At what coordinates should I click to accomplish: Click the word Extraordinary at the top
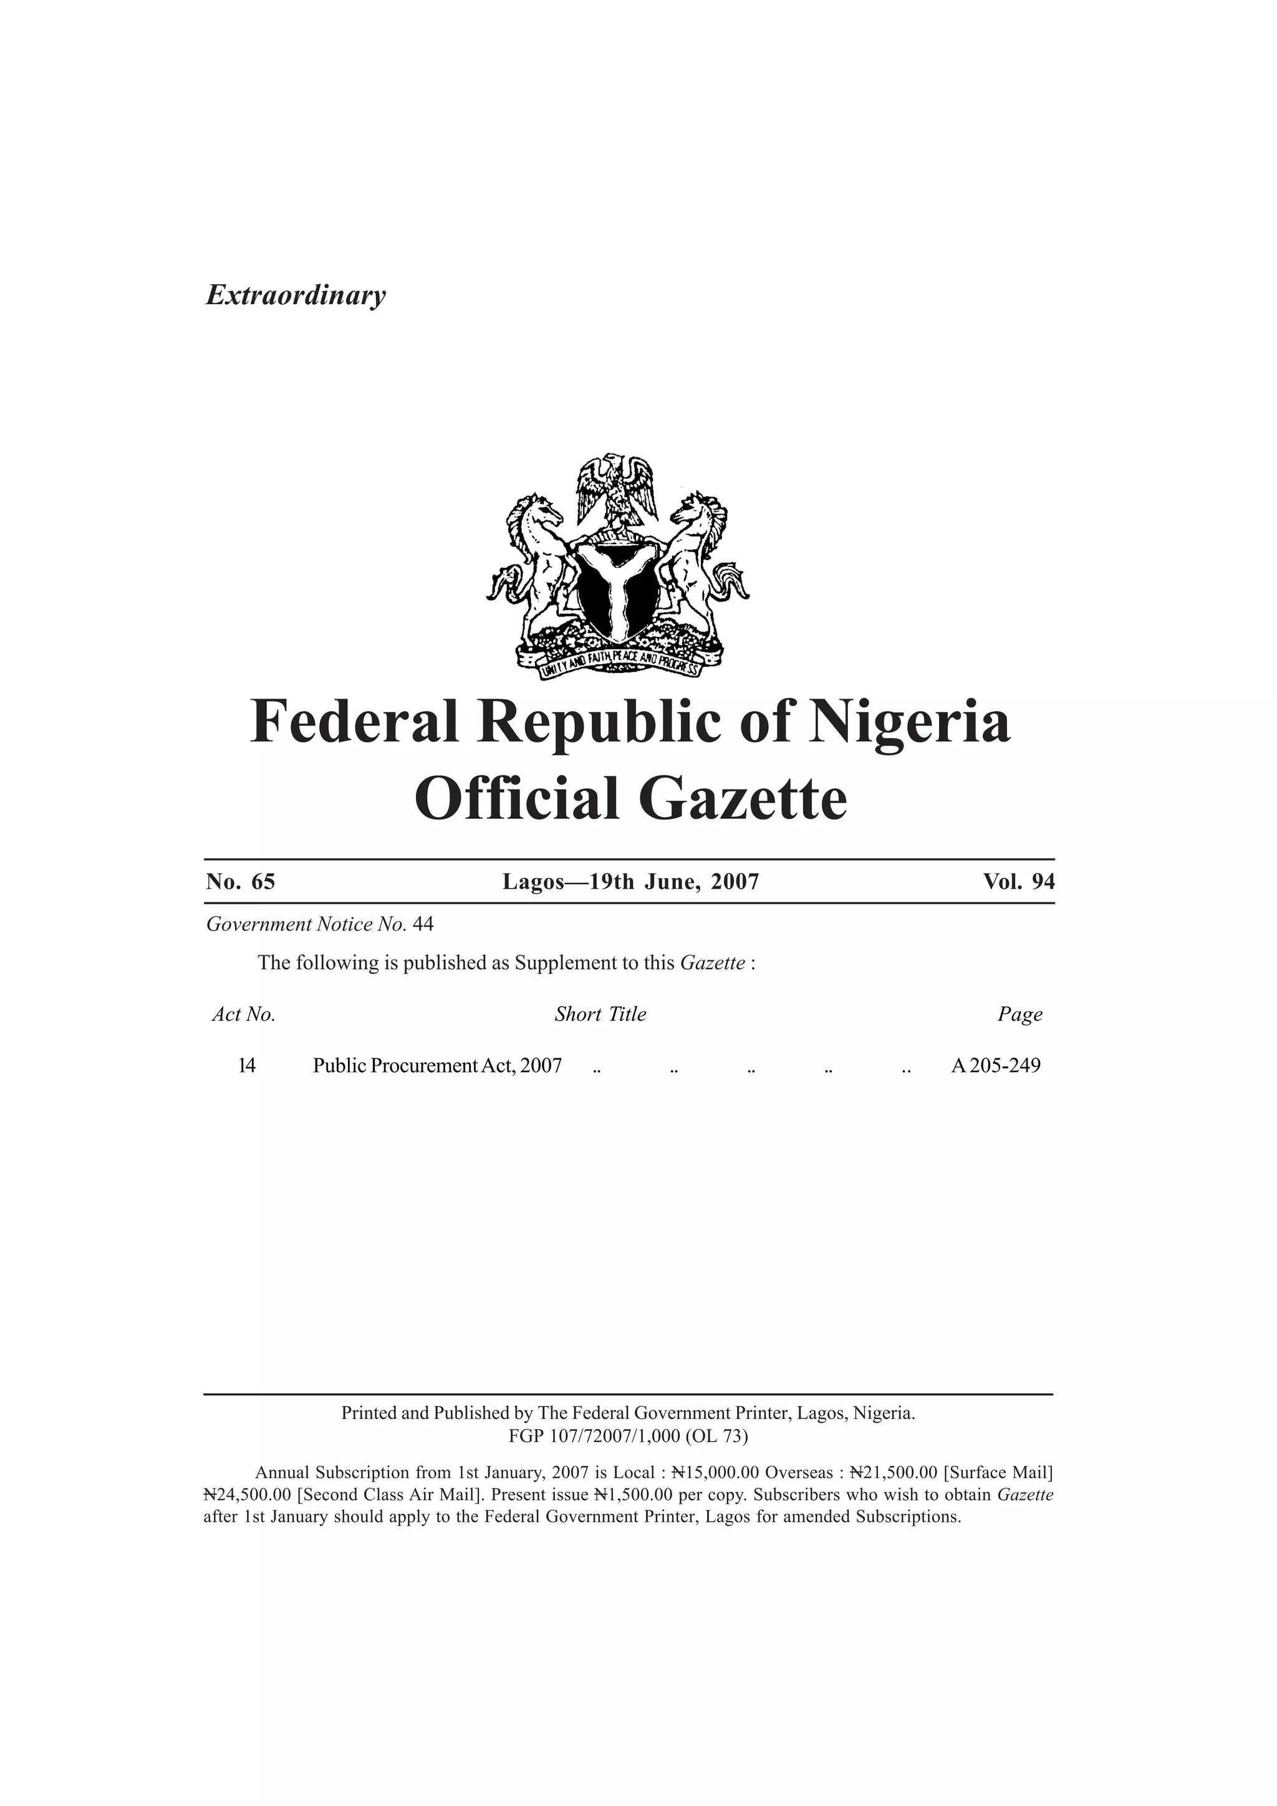click(x=296, y=296)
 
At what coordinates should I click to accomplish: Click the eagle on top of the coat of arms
click(x=617, y=488)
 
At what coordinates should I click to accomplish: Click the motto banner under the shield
click(x=619, y=661)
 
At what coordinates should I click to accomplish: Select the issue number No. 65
click(x=241, y=882)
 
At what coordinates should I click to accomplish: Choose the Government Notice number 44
click(x=423, y=924)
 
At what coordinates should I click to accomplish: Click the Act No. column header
click(x=244, y=1015)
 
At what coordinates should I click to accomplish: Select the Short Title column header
click(x=600, y=1015)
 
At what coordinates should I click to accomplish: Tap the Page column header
click(x=1019, y=1015)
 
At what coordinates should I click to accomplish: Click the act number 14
click(x=246, y=1066)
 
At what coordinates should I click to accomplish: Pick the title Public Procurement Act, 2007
click(x=438, y=1066)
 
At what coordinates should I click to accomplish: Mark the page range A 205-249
click(x=995, y=1066)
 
